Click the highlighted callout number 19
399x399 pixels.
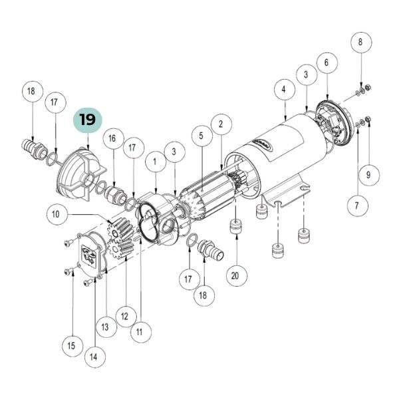(88, 120)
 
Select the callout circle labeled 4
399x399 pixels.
(285, 89)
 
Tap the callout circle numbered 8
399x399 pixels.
(361, 42)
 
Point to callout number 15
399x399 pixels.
(72, 346)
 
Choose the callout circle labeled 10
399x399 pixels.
(57, 215)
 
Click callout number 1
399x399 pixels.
(156, 162)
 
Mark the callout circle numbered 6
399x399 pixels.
(327, 63)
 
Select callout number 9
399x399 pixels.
(369, 175)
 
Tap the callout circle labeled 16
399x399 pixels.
(113, 138)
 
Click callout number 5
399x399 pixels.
(201, 136)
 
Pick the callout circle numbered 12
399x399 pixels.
(126, 317)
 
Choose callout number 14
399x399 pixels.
(95, 356)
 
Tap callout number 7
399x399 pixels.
(358, 205)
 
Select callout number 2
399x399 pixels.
(221, 124)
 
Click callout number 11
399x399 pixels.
(141, 332)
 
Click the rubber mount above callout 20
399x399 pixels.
(237, 227)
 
